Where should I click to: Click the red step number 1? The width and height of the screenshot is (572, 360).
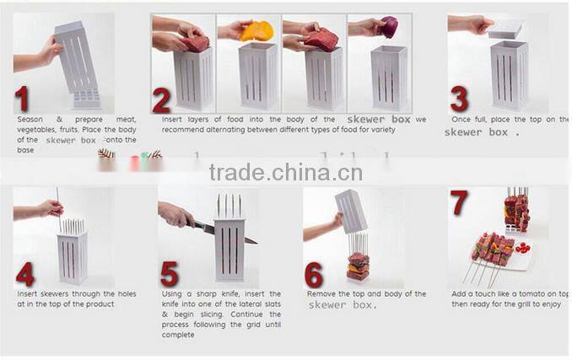[23, 98]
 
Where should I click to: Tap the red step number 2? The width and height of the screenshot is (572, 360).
[162, 99]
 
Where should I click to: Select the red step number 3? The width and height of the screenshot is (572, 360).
[459, 98]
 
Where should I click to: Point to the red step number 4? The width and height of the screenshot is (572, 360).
[25, 274]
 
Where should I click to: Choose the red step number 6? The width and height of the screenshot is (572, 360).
[314, 274]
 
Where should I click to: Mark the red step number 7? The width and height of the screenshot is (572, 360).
[459, 204]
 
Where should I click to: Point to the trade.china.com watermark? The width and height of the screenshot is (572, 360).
[286, 173]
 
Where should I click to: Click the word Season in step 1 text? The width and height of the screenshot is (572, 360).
[30, 120]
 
